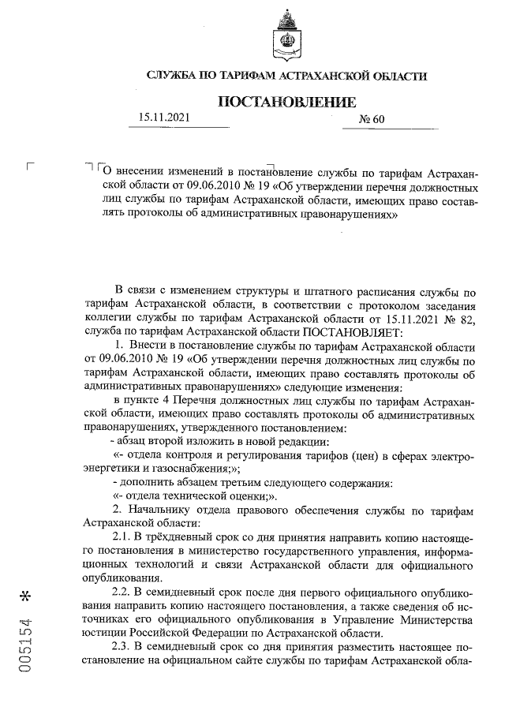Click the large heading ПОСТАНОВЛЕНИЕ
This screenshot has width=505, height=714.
[x=287, y=102]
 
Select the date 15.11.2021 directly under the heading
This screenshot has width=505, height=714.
[x=165, y=118]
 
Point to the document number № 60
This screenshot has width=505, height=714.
[x=371, y=120]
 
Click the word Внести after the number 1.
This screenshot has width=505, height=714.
[x=146, y=346]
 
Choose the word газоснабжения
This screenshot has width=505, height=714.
[x=176, y=468]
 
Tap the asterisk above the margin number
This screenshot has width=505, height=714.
[x=28, y=594]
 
